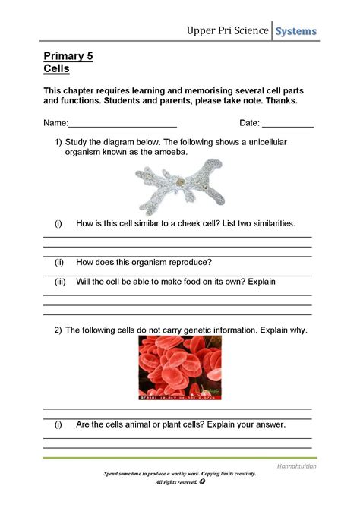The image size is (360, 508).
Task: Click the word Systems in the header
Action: pyautogui.click(x=296, y=31)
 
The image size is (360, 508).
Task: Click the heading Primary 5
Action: pyautogui.click(x=68, y=56)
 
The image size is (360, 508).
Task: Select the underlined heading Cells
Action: pyautogui.click(x=56, y=68)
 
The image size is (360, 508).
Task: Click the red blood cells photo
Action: pyautogui.click(x=180, y=368)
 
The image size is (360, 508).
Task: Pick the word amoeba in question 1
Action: pyautogui.click(x=169, y=152)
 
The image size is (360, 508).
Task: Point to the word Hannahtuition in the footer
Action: pyautogui.click(x=296, y=466)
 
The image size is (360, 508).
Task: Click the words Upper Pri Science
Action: pyautogui.click(x=229, y=31)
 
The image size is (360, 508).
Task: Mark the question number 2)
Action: pyautogui.click(x=58, y=330)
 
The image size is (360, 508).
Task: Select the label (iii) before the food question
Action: pyautogui.click(x=59, y=282)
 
